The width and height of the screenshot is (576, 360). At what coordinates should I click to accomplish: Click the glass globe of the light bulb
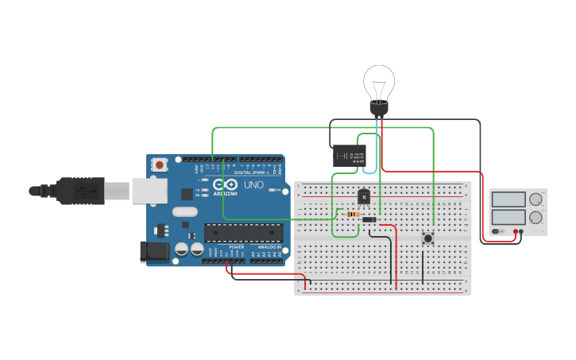point(379,83)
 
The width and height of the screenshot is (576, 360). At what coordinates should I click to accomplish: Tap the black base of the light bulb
point(379,107)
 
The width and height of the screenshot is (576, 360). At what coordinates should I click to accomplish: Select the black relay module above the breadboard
point(348,156)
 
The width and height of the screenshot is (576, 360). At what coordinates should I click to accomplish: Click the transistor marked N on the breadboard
point(364,195)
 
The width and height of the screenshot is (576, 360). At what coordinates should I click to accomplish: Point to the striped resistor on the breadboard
point(352,214)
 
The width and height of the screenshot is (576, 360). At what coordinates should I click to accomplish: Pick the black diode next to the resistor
point(369,219)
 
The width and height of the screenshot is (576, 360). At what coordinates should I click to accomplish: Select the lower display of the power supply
point(508,217)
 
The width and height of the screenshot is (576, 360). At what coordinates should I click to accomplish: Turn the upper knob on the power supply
point(536,199)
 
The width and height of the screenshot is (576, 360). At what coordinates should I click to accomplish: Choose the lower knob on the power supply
point(536,217)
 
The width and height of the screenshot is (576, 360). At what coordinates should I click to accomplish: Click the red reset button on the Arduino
point(160,165)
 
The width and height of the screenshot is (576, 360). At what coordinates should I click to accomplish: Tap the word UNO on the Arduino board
point(253,184)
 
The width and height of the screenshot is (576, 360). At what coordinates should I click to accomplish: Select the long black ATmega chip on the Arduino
point(243,232)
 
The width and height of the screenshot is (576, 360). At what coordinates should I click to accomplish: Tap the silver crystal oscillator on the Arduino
point(184,212)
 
